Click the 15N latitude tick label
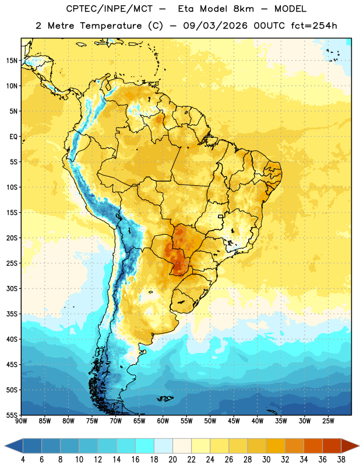(x=12, y=61)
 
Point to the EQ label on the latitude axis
(x=13, y=137)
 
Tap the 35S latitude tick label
(x=12, y=314)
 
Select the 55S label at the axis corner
(x=12, y=415)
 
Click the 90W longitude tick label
(x=21, y=421)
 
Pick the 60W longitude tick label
(x=163, y=421)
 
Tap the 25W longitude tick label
(x=328, y=421)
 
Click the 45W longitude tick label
(x=234, y=421)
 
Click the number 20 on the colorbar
(x=172, y=460)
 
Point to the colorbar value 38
(x=341, y=460)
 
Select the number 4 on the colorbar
(x=23, y=460)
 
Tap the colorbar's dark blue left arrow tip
(x=5, y=446)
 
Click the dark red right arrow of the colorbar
(x=350, y=446)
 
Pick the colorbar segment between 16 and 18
(x=145, y=446)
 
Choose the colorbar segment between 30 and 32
(x=276, y=446)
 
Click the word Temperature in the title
(x=111, y=26)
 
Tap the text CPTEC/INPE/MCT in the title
(x=110, y=9)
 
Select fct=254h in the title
(x=314, y=26)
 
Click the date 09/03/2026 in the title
(x=215, y=26)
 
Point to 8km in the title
(x=243, y=9)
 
